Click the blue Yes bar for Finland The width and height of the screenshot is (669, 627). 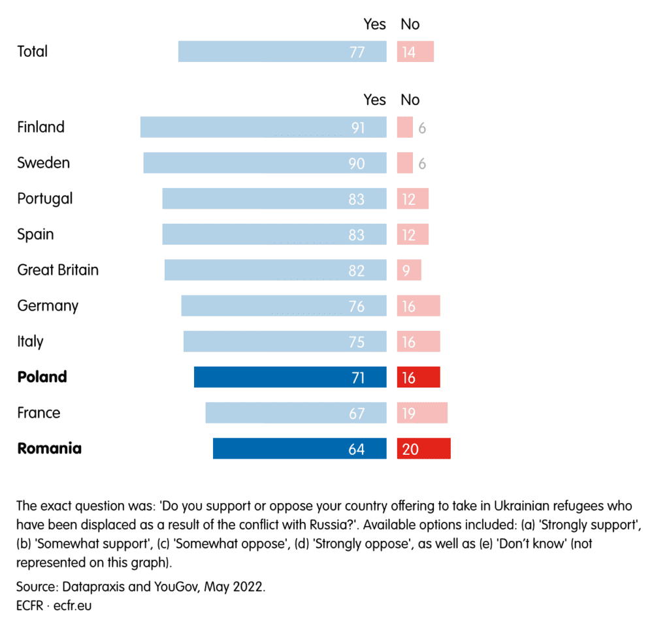[263, 127]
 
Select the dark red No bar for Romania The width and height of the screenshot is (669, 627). [423, 449]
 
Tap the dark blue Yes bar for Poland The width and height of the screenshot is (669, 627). [290, 377]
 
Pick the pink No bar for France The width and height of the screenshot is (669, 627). [422, 413]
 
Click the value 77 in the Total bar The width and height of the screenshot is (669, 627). [357, 52]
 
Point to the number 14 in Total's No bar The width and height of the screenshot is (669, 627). [409, 52]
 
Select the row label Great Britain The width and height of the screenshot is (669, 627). [58, 270]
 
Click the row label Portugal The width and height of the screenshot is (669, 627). [45, 198]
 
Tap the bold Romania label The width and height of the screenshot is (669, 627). [50, 449]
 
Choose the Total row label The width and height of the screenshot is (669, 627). [33, 52]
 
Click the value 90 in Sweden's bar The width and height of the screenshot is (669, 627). [357, 163]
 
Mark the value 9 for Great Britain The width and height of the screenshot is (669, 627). [406, 270]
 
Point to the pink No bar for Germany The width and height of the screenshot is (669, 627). [418, 306]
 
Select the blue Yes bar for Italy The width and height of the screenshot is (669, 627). [285, 342]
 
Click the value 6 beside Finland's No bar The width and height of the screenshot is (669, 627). [423, 128]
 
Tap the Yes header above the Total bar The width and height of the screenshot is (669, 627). [375, 25]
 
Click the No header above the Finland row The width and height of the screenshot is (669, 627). [410, 100]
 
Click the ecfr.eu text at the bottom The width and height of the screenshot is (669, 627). [73, 605]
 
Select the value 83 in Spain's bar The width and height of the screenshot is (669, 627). [357, 235]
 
